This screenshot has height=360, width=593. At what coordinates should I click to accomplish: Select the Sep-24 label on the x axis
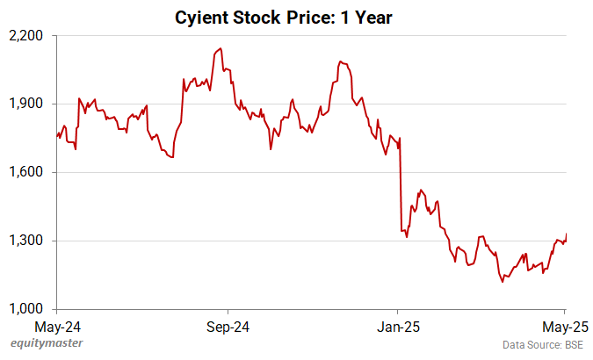click(228, 328)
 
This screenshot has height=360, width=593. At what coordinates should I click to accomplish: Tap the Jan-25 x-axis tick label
click(397, 328)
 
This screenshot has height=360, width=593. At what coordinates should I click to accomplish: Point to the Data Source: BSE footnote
click(543, 346)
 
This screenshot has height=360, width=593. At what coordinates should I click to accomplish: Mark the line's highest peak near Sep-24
click(220, 48)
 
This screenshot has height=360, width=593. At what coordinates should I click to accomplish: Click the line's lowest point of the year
click(502, 282)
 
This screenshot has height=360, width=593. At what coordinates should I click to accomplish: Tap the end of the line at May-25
click(566, 234)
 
